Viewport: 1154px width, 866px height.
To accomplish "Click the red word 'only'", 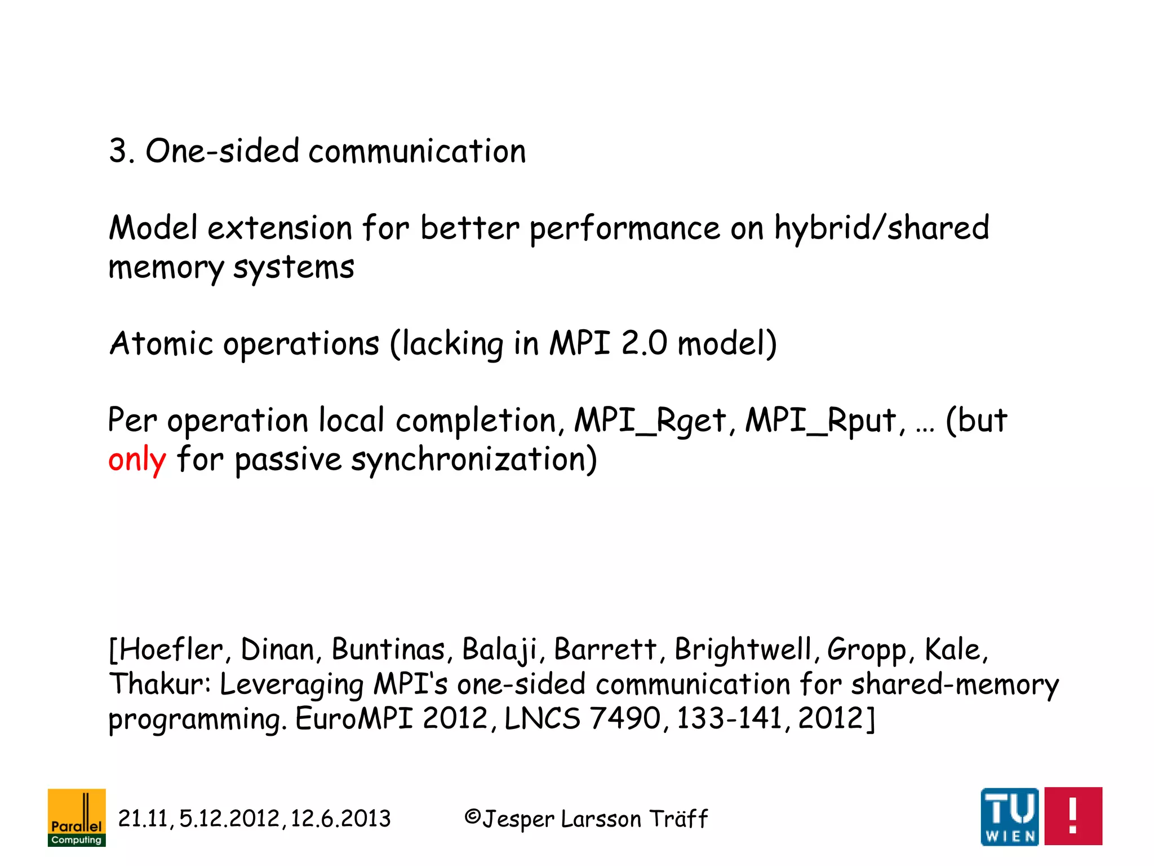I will point(137,459).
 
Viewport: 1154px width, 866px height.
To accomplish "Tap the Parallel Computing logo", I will point(77,817).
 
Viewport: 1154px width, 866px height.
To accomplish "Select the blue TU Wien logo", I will point(1010,816).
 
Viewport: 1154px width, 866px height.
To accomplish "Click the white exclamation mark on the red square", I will point(1073,816).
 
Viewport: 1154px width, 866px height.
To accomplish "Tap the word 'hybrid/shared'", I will point(882,228).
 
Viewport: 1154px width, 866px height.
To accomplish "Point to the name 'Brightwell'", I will point(743,649).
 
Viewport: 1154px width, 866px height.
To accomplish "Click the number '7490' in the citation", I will point(625,719).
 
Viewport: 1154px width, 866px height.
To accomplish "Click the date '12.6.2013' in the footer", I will point(340,819).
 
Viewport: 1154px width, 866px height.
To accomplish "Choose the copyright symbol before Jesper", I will point(472,817).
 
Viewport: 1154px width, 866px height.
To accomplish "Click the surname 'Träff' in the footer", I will point(678,819).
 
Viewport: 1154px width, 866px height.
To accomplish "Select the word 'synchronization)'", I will point(474,459).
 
